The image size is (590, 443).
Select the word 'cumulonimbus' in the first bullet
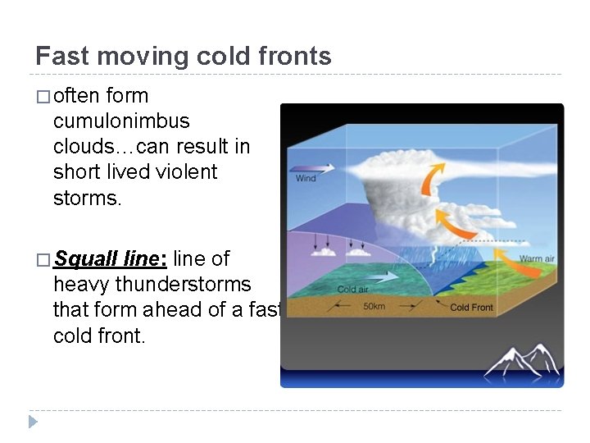121,121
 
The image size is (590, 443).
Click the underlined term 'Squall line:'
111,259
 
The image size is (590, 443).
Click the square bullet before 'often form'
43,97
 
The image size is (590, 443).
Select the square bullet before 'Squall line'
43,260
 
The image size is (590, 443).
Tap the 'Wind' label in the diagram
306,178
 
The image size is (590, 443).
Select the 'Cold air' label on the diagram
353,289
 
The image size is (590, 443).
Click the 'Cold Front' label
472,308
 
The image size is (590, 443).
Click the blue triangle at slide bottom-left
33,422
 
